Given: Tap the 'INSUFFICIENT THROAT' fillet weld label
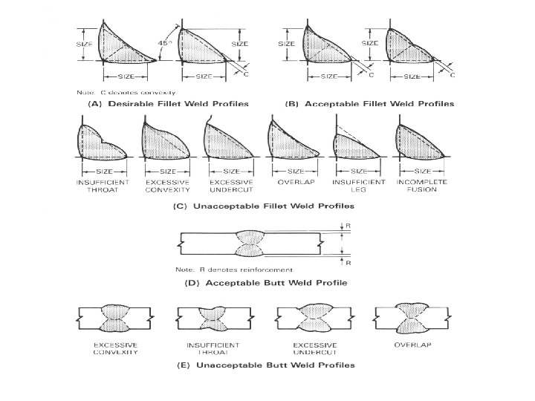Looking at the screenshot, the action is (102, 186).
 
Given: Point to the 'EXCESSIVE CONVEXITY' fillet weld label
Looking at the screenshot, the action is (164, 186).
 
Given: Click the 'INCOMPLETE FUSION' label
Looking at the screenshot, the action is (418, 186).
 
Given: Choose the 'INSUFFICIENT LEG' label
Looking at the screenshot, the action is (359, 186).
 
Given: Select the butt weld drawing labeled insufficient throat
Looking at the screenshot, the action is (202, 320).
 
